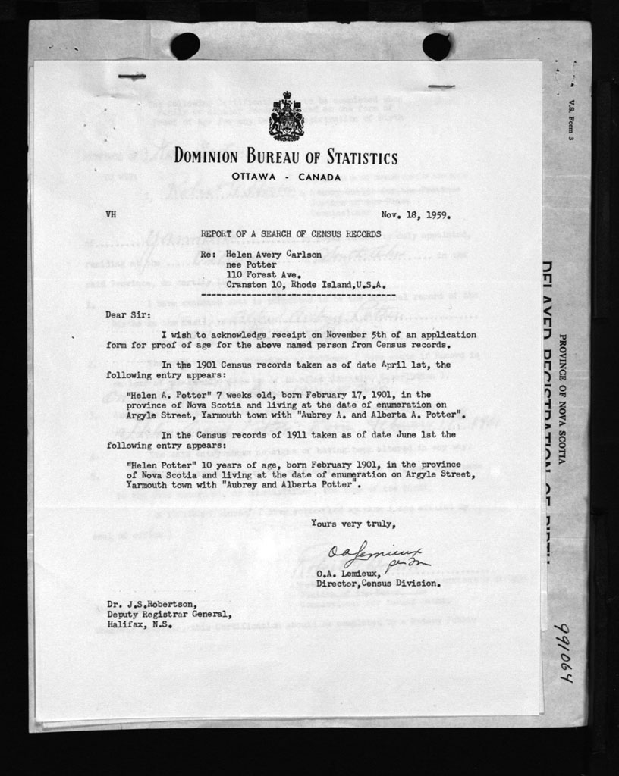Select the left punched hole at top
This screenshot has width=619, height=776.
(x=185, y=46)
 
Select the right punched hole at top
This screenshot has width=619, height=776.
(x=436, y=46)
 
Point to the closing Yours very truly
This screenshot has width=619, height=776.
(x=353, y=523)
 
